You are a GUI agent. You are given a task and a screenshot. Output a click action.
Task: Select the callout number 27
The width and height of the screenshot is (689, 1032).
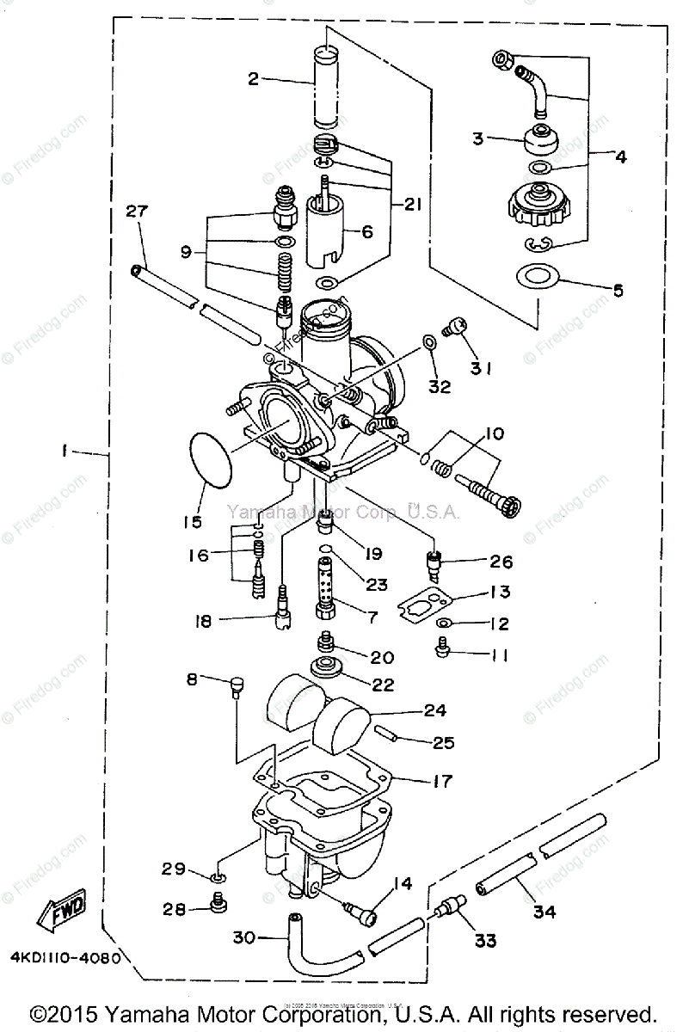[137, 212]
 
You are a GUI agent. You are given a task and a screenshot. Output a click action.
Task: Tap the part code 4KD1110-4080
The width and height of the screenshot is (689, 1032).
[65, 956]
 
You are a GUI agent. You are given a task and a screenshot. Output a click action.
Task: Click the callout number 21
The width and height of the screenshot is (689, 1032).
[412, 205]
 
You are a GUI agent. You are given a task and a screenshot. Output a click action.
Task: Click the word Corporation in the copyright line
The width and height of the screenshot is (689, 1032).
[329, 1013]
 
